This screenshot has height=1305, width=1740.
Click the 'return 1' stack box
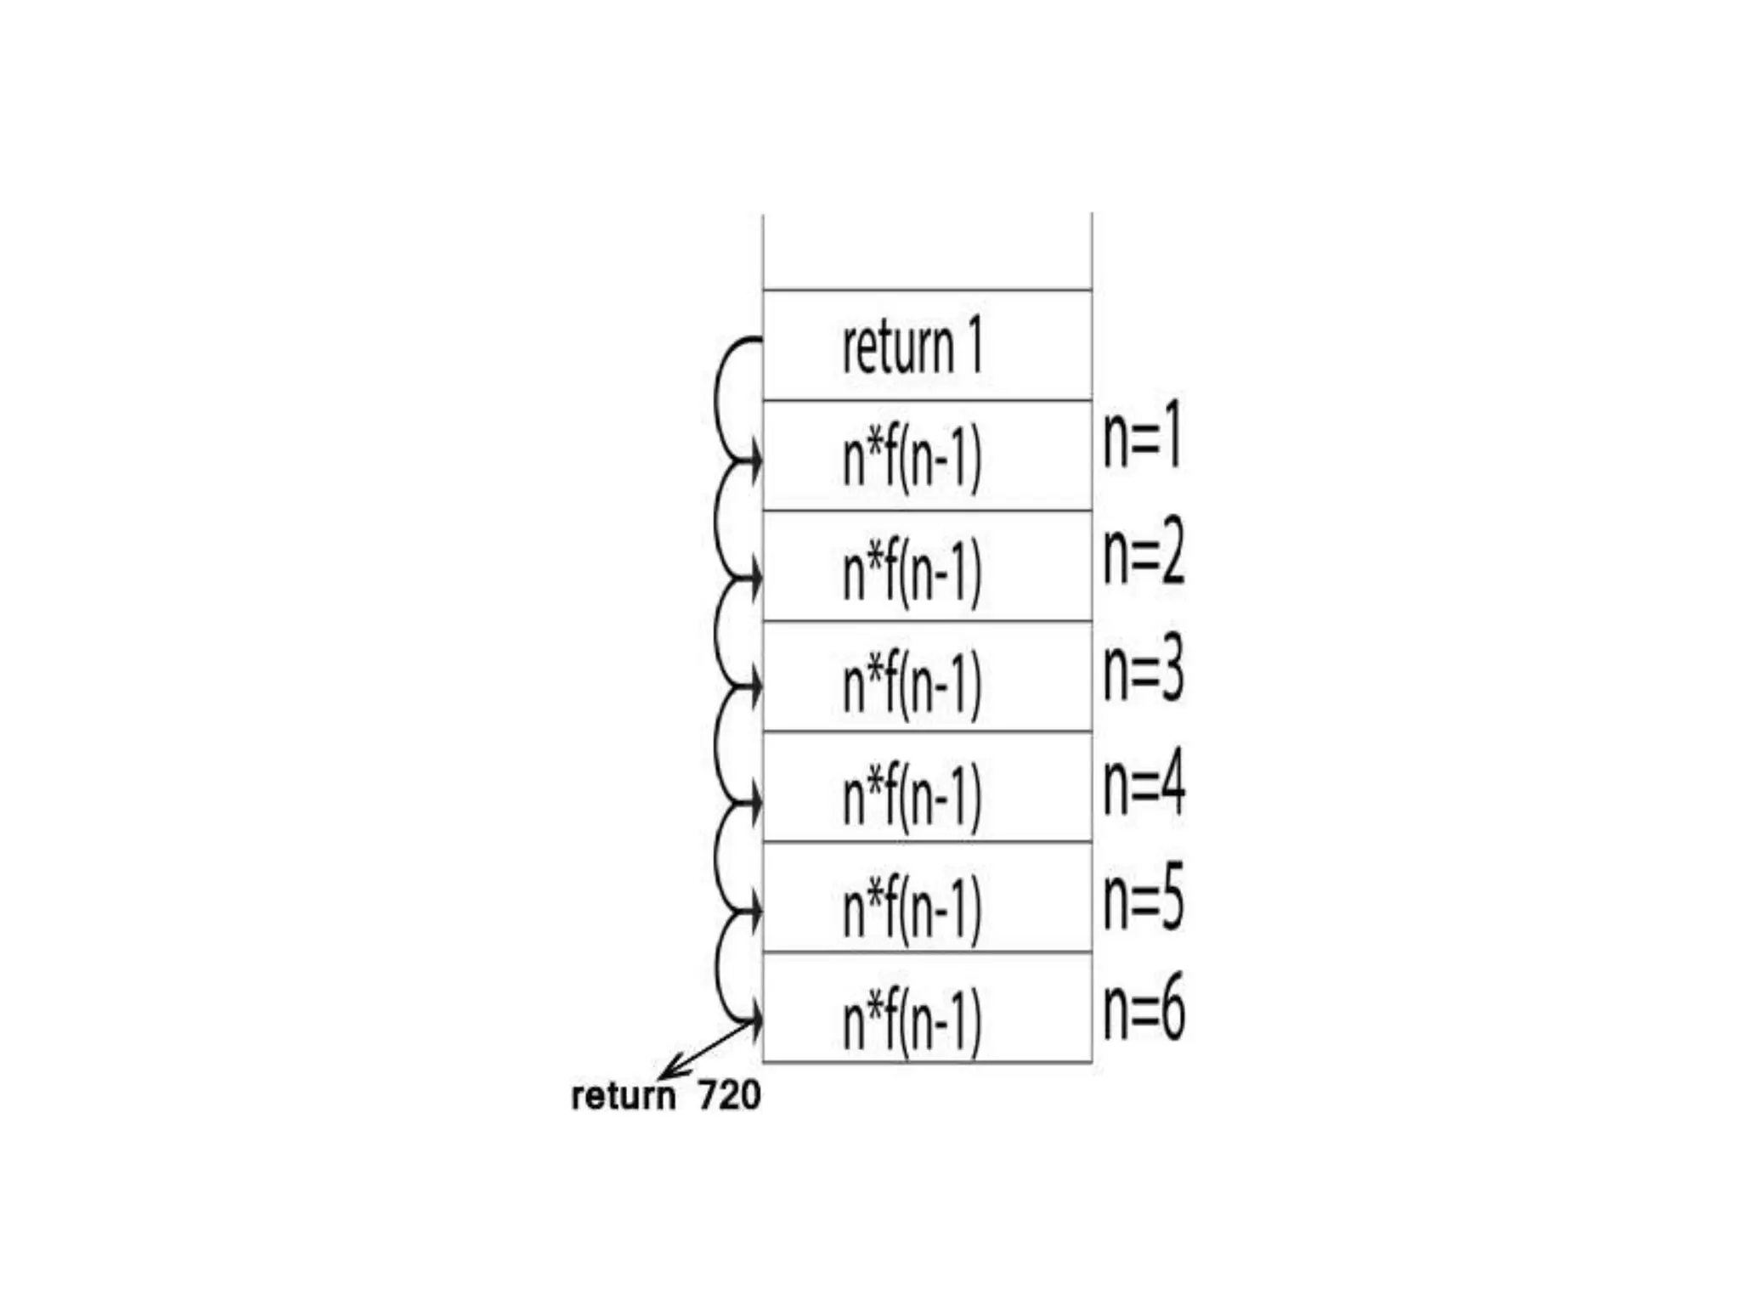point(927,345)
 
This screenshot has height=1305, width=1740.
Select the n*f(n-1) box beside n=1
point(927,455)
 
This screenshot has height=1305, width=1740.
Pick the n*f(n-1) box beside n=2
point(927,566)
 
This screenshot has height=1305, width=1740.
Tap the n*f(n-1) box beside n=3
point(927,676)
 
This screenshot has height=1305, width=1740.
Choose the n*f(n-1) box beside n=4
point(927,787)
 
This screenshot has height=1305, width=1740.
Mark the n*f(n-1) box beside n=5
point(927,897)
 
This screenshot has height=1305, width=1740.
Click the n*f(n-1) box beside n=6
point(927,1008)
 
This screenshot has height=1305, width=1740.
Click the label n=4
point(1144,785)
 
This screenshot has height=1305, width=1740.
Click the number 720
point(729,1096)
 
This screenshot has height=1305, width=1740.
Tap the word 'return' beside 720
point(623,1096)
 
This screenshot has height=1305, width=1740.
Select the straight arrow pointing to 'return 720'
point(710,1050)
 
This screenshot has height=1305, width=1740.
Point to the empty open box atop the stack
point(927,251)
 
